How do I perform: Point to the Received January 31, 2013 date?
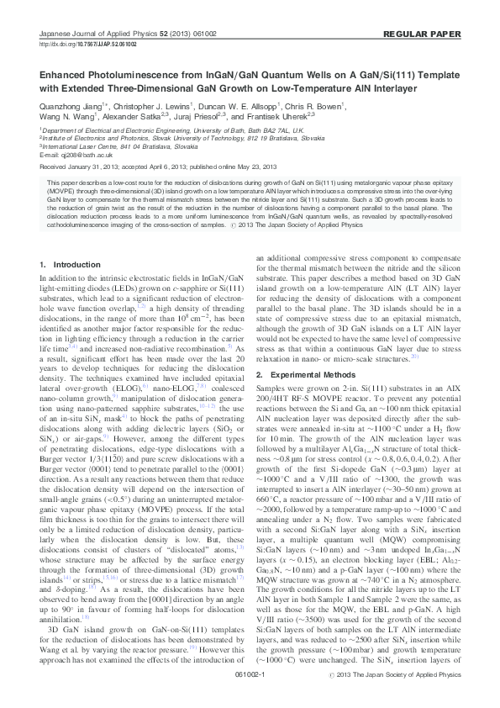(x=82, y=167)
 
